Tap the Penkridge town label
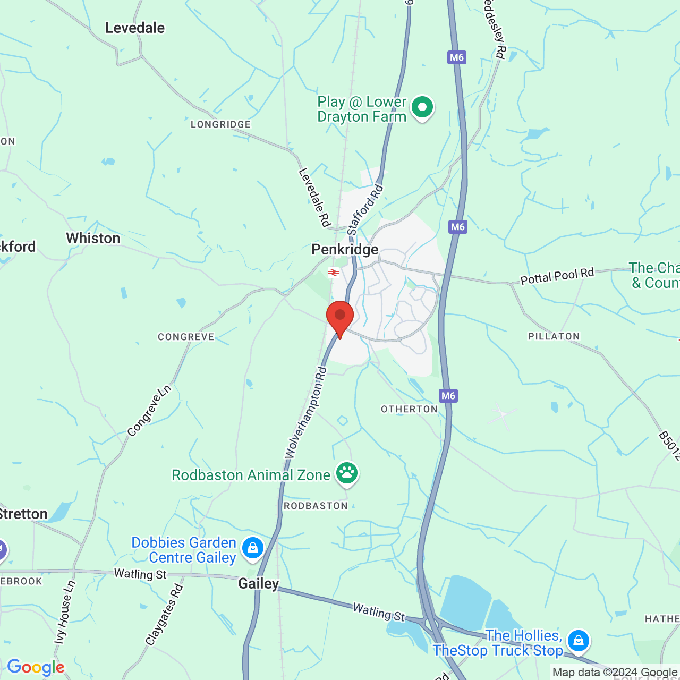pos(345,249)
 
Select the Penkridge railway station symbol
pos(334,273)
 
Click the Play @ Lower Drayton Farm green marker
pos(422,107)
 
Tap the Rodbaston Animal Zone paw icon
pos(347,473)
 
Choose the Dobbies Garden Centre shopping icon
pos(252,548)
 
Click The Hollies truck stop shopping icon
pos(578,640)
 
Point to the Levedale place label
pos(135,28)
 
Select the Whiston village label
pos(93,238)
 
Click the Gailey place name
pos(258,583)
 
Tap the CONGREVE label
pos(186,337)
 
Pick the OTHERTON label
pos(409,409)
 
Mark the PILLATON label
pos(554,336)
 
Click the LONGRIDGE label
pos(220,124)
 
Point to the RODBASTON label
pos(316,506)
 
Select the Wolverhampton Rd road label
pos(305,412)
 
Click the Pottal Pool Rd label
pos(557,276)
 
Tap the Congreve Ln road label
pos(149,411)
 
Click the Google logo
pos(36,667)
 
